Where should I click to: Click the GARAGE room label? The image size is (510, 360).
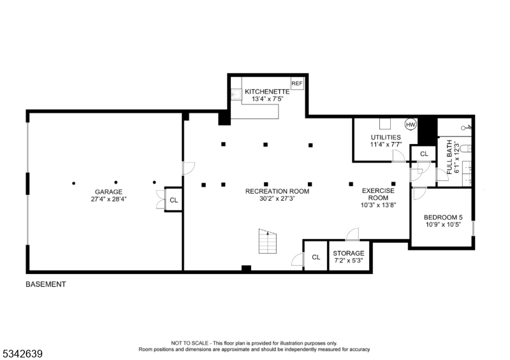[108, 192]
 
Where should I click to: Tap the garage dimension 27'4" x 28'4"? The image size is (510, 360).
[108, 199]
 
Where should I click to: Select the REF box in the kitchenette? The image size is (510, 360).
[296, 84]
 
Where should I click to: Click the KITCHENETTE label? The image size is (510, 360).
[263, 92]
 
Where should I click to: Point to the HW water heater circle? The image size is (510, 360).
[411, 124]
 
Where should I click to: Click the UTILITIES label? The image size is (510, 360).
[386, 137]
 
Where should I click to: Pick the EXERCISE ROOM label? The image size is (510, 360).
[379, 194]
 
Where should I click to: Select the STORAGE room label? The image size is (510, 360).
[348, 254]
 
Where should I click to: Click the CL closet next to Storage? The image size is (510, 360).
[316, 257]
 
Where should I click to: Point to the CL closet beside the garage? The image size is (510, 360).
[173, 200]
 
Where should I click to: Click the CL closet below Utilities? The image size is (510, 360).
[424, 154]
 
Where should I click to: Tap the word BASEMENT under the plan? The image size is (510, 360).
[45, 285]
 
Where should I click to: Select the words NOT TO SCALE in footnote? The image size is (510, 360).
[187, 343]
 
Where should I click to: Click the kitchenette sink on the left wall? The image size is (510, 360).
[235, 93]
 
